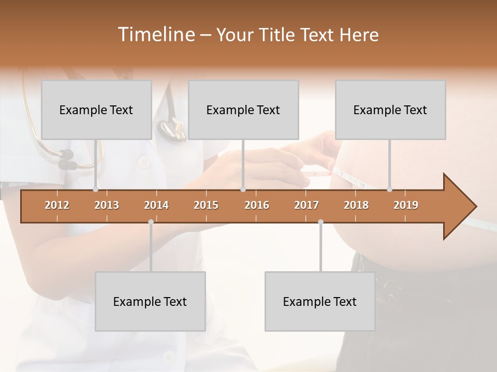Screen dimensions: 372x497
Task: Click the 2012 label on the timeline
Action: pos(57,205)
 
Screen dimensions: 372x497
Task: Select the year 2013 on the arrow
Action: pos(107,205)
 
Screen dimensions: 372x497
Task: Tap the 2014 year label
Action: pos(156,205)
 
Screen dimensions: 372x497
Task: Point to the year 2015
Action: pos(206,205)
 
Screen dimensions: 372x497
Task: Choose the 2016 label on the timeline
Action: pos(257,205)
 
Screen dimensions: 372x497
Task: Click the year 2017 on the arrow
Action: pos(306,205)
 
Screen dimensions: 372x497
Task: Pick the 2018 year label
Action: pos(356,205)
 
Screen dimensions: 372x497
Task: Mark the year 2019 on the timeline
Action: pos(406,205)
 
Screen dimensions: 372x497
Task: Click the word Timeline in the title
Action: pos(155,35)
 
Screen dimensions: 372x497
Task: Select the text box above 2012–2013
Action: pos(96,110)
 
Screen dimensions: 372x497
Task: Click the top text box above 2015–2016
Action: pos(243,110)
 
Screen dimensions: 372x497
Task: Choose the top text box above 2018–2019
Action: pos(390,110)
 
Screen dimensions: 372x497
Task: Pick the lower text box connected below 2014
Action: pos(150,301)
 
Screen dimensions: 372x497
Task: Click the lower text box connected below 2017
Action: pos(320,301)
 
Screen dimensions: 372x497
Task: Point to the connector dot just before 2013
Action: pos(95,190)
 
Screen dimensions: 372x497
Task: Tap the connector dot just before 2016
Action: pos(243,190)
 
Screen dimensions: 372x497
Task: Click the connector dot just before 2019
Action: pos(389,190)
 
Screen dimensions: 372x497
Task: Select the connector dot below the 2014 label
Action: pos(151,222)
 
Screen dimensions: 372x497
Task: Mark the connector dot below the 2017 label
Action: pos(320,222)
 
